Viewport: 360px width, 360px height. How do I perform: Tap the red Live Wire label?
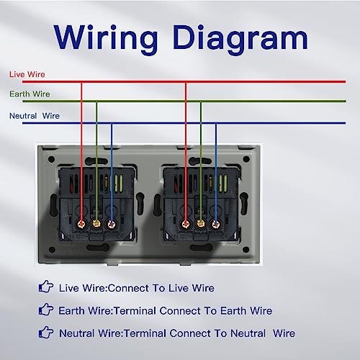point(27,74)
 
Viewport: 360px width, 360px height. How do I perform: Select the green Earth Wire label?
point(30,94)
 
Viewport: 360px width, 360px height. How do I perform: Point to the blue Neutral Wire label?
point(35,116)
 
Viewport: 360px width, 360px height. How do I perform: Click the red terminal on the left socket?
point(81,225)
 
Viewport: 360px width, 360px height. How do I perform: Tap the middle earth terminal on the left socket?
point(96,225)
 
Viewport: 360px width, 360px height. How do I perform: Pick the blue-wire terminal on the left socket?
point(112,225)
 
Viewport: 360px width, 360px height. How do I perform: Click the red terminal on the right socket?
point(186,225)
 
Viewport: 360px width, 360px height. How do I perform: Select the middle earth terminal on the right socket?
point(201,225)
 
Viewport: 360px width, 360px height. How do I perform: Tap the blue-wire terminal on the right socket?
point(215,225)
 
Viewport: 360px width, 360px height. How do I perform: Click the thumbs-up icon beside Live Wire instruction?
point(46,287)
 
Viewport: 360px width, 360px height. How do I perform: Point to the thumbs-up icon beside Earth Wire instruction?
point(46,309)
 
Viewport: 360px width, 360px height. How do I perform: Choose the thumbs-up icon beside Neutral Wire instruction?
point(46,332)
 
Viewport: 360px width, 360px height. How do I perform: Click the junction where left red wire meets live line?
point(81,82)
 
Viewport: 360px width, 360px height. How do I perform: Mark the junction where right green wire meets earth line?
point(201,102)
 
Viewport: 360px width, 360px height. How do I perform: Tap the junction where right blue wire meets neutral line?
point(215,123)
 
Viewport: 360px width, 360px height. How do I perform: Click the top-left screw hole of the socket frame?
point(51,159)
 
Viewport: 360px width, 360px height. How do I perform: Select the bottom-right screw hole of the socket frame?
point(246,250)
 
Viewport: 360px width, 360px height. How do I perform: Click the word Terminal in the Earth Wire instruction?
point(135,311)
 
